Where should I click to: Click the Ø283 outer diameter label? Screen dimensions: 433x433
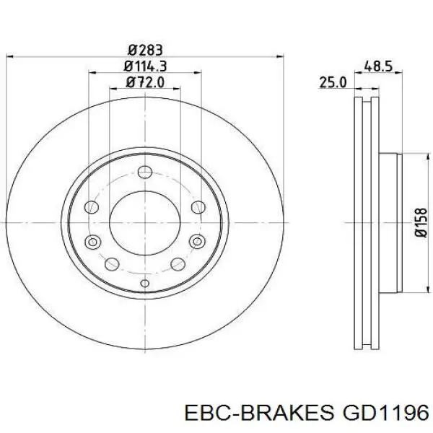144,50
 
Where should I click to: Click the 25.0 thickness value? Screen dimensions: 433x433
333,83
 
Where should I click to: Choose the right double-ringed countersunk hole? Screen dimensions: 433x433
198,242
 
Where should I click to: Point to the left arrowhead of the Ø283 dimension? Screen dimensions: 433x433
9,57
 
